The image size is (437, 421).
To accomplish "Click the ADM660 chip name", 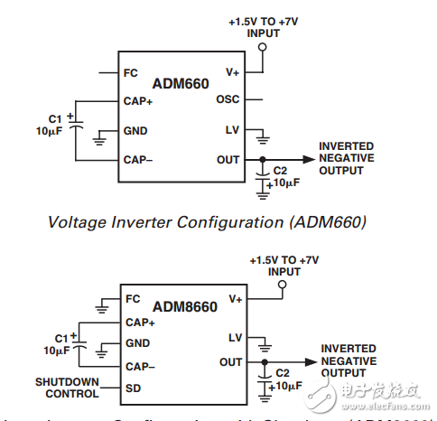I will coord(181,84).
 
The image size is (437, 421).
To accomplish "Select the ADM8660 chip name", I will coord(185,307).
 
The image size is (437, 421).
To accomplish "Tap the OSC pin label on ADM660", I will coord(228,100).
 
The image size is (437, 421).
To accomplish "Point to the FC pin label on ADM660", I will coord(131,70).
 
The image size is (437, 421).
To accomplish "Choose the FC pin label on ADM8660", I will coord(134,299).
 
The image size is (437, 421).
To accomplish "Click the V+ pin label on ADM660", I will coord(230,70).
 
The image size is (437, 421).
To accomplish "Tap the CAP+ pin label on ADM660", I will coord(138,101).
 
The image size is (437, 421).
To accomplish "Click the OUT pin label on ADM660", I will coord(228,160).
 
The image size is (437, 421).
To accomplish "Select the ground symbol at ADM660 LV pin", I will coord(263,138).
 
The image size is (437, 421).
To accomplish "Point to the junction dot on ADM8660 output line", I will coord(265,362).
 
